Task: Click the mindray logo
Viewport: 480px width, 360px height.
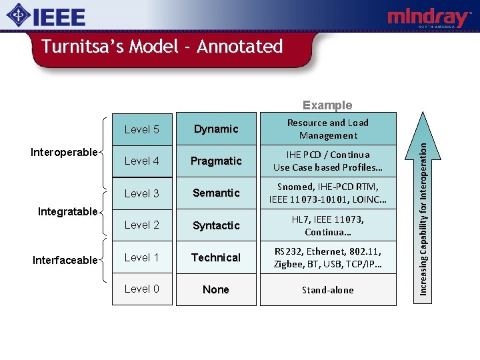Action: (429, 18)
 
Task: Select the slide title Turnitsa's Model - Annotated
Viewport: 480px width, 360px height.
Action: (162, 47)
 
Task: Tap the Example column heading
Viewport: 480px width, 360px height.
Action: (327, 105)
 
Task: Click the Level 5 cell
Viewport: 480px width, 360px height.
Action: (142, 129)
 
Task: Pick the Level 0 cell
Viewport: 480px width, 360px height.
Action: (142, 289)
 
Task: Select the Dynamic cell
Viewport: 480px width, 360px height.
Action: (216, 129)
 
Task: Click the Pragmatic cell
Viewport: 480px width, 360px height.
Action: (216, 161)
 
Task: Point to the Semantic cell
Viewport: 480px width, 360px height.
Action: (216, 193)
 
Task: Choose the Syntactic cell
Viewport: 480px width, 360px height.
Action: (216, 225)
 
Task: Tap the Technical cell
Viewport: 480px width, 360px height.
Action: (216, 257)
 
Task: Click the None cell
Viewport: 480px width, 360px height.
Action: (216, 289)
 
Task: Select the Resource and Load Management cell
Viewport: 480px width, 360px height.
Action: (327, 129)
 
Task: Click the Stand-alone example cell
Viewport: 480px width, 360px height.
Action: (327, 289)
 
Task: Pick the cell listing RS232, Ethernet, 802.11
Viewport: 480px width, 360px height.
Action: (327, 257)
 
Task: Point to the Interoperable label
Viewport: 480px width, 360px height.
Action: (64, 152)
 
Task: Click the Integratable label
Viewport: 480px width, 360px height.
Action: (67, 211)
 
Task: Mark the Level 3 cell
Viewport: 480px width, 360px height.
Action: (142, 193)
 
